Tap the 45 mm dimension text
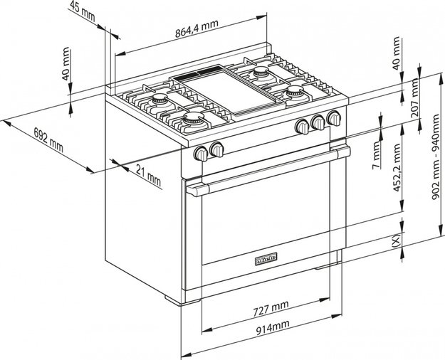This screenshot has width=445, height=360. (83, 9)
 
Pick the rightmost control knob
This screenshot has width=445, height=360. (334, 119)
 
